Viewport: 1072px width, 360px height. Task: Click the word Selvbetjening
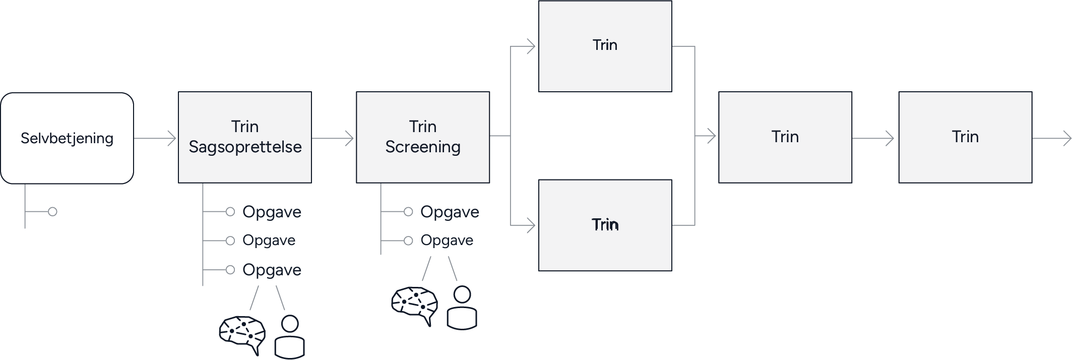(67, 138)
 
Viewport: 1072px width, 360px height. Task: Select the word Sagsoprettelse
(245, 147)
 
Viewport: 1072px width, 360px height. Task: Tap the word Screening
(423, 147)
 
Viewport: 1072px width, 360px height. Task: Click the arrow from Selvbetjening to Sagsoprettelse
(155, 138)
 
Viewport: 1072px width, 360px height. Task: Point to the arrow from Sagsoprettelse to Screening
(333, 138)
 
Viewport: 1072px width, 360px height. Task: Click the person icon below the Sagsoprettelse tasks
(289, 337)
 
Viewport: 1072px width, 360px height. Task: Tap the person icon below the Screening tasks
(462, 308)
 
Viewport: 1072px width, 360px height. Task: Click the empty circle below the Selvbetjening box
(52, 212)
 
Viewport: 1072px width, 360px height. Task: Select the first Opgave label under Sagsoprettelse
(272, 212)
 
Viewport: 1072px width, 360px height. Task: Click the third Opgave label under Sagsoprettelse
(272, 270)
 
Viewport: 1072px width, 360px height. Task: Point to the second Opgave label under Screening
(447, 241)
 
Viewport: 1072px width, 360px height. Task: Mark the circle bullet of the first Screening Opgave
(408, 212)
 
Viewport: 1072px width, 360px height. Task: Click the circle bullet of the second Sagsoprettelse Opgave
(230, 241)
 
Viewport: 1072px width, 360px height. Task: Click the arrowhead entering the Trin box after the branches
(711, 136)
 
